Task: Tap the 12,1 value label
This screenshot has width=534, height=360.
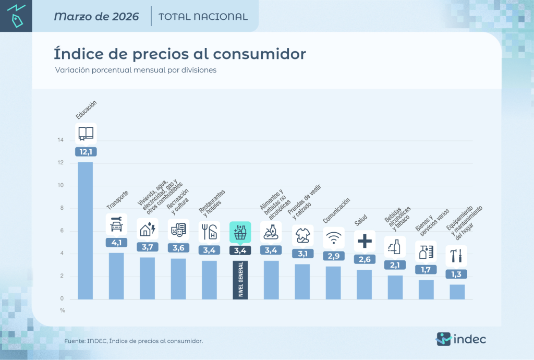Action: [x=86, y=152]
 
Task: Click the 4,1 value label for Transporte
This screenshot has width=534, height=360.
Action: [x=116, y=242]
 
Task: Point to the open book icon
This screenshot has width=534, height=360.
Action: [x=86, y=133]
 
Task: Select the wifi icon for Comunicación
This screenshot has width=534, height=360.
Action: [x=333, y=237]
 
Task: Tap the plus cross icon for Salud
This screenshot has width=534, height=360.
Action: [x=365, y=241]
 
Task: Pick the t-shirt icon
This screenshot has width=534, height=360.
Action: [x=302, y=235]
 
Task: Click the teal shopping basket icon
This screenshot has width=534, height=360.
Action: [x=240, y=232]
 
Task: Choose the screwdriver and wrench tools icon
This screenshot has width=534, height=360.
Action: [x=457, y=256]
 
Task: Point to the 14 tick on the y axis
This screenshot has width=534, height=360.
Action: [x=60, y=140]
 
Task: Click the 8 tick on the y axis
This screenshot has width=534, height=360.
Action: [x=62, y=208]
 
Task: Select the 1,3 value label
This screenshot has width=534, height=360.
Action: [x=457, y=274]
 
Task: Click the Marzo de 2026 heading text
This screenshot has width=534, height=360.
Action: [x=96, y=16]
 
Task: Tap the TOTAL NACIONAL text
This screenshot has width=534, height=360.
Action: [x=203, y=17]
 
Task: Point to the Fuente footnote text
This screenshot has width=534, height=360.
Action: [x=133, y=341]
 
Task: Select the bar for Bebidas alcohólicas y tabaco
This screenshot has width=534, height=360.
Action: [x=395, y=287]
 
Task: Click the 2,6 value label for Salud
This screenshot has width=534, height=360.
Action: [x=365, y=259]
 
